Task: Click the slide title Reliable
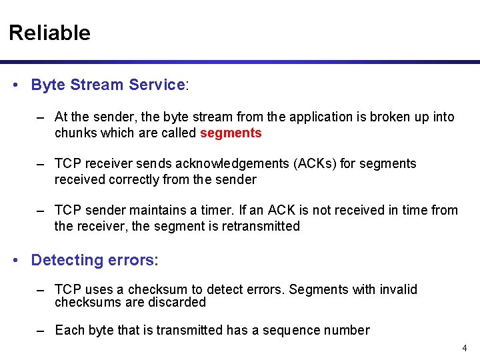click(x=49, y=33)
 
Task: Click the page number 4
click(x=465, y=348)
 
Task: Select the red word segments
click(x=231, y=133)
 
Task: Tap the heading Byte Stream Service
click(x=108, y=85)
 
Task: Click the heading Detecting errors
click(x=93, y=260)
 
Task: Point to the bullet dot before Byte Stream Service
click(x=16, y=85)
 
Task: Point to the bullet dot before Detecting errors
click(x=16, y=261)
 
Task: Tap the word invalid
click(x=398, y=289)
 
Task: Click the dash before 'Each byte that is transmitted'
click(x=41, y=330)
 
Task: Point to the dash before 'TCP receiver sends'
click(x=41, y=163)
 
